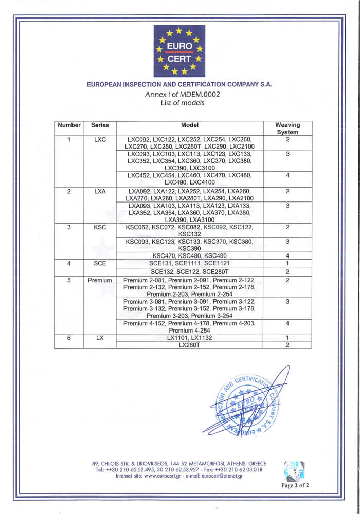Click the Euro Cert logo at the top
click(179, 51)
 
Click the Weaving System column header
click(287, 128)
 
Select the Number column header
click(69, 125)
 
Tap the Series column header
click(100, 125)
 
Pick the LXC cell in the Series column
click(100, 139)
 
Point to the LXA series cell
click(100, 191)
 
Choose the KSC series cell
click(100, 227)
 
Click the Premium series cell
click(100, 280)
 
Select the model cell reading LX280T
click(189, 345)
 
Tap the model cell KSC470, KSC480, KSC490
click(189, 256)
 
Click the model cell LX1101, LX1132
click(189, 338)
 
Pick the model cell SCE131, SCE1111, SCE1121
click(189, 264)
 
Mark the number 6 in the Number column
click(69, 338)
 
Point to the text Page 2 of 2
click(295, 485)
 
